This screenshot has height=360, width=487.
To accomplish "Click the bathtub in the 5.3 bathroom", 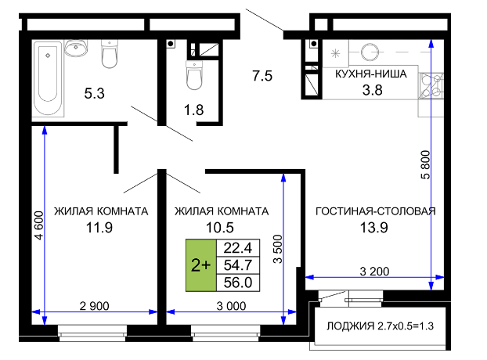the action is [48, 79].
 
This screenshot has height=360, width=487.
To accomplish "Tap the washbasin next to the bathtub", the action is [76, 49].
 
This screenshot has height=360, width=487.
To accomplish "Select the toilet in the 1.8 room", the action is [194, 75].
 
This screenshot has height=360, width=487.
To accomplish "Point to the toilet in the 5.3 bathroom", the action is [110, 54].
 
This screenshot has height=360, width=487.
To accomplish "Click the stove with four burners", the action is [431, 86].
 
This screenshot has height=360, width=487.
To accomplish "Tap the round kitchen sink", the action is [370, 52].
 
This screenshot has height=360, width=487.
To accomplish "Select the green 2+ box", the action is [201, 265].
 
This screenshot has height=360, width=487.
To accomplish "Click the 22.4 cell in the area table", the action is [238, 248].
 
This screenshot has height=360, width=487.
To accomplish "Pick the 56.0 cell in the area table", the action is [238, 283].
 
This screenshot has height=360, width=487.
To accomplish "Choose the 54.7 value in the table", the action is [238, 265].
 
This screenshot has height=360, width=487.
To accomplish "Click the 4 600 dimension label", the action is [39, 225].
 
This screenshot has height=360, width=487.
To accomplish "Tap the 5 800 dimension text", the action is [425, 165].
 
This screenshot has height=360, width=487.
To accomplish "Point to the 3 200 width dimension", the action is [374, 272].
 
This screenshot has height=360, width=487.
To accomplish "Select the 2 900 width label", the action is [95, 306].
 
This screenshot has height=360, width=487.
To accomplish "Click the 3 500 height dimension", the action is [278, 249].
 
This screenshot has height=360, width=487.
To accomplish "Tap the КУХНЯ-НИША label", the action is [371, 74].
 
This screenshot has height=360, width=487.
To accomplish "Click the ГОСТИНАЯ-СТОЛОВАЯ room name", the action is [376, 211].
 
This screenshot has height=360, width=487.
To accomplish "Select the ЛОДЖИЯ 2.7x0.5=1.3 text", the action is [380, 326].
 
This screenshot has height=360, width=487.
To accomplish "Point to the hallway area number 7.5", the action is [262, 76].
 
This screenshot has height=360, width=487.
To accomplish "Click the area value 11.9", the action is [99, 228].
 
